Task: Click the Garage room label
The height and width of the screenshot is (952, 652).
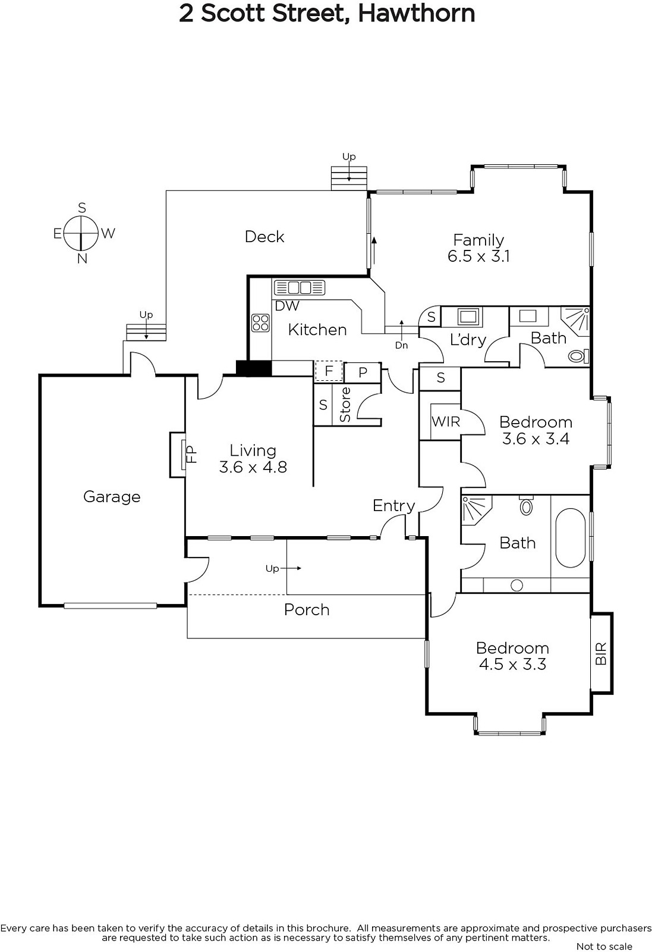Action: click(x=112, y=497)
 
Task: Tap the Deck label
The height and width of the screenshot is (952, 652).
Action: click(x=264, y=237)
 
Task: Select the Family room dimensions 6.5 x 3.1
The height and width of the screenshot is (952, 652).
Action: click(x=478, y=256)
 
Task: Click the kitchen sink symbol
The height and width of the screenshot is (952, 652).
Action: click(x=300, y=288)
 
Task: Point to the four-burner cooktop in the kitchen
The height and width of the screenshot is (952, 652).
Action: click(x=260, y=322)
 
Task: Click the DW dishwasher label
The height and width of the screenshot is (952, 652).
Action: click(x=287, y=306)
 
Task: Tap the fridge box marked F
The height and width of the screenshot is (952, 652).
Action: click(x=329, y=371)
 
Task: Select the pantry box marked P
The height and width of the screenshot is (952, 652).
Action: click(x=362, y=372)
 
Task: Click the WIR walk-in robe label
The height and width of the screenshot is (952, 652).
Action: click(x=446, y=422)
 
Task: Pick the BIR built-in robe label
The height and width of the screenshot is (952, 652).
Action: click(x=601, y=653)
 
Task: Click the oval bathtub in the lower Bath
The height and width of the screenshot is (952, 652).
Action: click(x=571, y=537)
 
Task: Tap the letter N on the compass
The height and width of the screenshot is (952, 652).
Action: click(x=82, y=258)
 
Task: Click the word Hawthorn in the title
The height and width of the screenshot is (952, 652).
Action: click(x=417, y=13)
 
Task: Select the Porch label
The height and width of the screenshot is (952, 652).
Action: click(x=307, y=610)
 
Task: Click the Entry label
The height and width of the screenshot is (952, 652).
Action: click(x=393, y=506)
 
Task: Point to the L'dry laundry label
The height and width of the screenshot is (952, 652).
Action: click(x=468, y=340)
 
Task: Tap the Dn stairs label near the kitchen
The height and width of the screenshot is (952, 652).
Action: click(x=401, y=345)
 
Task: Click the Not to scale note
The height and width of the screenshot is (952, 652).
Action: click(x=604, y=947)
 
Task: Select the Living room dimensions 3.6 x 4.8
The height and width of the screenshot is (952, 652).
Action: click(x=253, y=467)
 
